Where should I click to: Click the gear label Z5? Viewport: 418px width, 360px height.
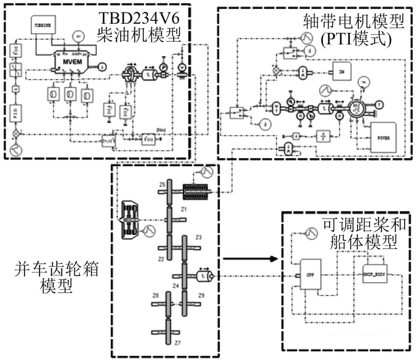click(x=162, y=186)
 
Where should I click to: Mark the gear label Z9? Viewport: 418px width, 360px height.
click(x=201, y=296)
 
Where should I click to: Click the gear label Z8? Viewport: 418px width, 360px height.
click(x=155, y=296)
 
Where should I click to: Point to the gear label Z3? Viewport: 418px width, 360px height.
click(x=199, y=238)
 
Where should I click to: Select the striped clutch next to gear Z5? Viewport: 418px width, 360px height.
click(x=193, y=192)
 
